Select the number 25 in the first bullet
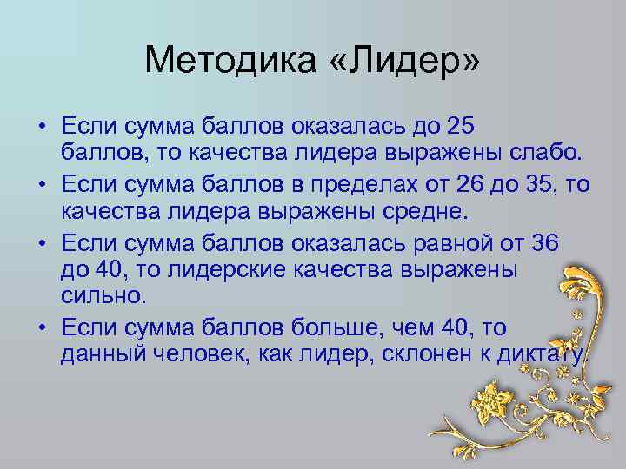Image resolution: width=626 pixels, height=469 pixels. (x=458, y=127)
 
